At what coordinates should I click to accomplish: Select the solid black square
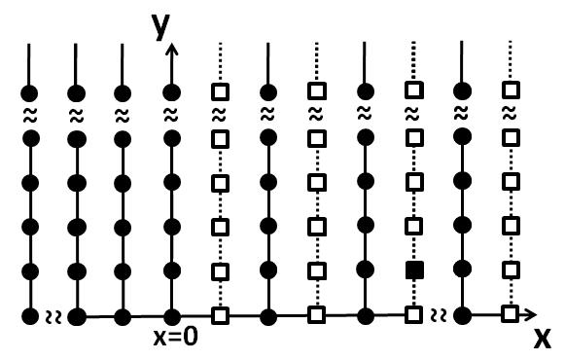pyautogui.click(x=414, y=269)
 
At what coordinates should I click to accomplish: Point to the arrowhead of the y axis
pyautogui.click(x=172, y=49)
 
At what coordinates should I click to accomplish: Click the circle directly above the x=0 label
pyautogui.click(x=172, y=315)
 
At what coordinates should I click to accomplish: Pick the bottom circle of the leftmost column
pyautogui.click(x=30, y=315)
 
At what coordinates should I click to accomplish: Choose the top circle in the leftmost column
pyautogui.click(x=30, y=92)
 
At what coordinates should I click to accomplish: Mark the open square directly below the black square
pyautogui.click(x=414, y=315)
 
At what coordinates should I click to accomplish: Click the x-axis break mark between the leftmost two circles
pyautogui.click(x=53, y=315)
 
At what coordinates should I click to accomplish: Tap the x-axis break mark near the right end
pyautogui.click(x=439, y=315)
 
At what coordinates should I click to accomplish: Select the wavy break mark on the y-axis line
pyautogui.click(x=172, y=115)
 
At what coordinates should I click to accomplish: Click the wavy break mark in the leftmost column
pyautogui.click(x=30, y=115)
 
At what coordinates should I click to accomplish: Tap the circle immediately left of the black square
pyautogui.click(x=367, y=269)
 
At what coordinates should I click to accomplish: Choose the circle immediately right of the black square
pyautogui.click(x=462, y=269)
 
